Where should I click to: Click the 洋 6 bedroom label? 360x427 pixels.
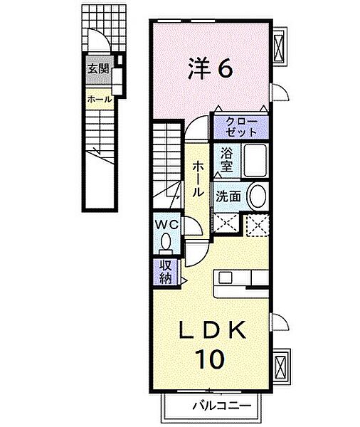point(210,68)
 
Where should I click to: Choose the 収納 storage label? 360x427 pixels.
point(164,271)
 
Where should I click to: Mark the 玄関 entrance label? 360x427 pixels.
point(97,70)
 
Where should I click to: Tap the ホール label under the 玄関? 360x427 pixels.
point(99,100)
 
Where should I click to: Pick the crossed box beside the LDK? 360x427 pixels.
point(281,365)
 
